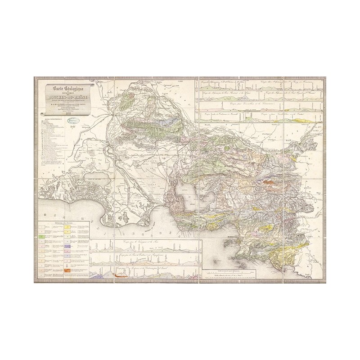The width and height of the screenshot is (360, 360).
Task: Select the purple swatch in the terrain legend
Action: coord(67,247)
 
